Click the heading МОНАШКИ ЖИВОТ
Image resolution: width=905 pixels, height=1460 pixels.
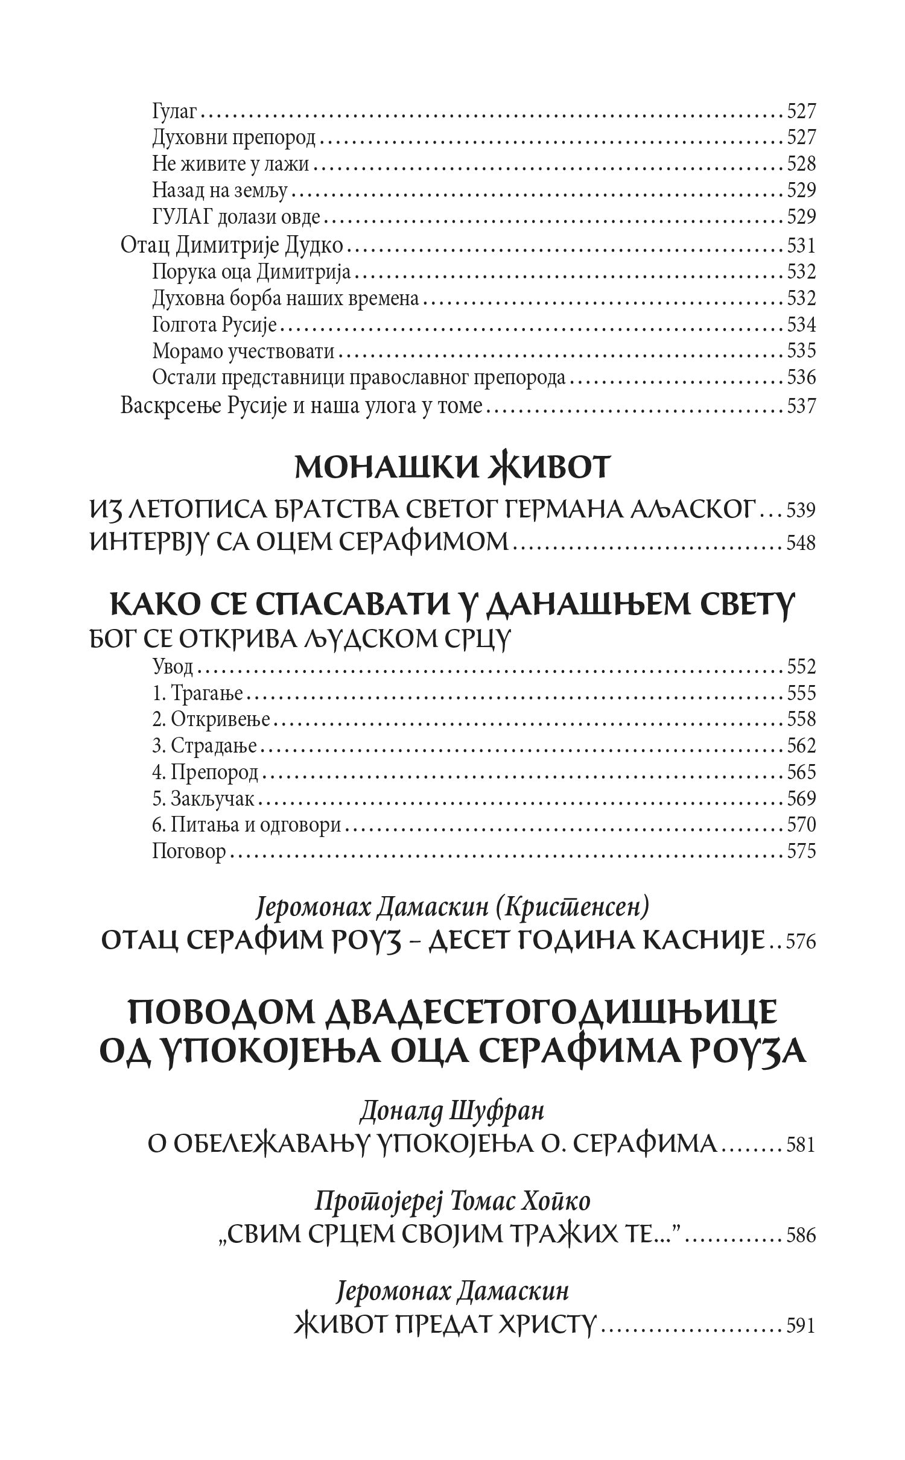(453, 469)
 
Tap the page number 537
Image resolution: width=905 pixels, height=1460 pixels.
(801, 406)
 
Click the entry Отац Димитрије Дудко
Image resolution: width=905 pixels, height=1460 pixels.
(232, 246)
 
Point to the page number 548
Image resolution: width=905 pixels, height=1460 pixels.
(801, 543)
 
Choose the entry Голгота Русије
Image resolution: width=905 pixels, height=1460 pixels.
(214, 325)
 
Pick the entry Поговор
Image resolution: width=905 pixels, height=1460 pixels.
(189, 851)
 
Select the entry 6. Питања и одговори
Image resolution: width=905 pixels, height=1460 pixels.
(247, 824)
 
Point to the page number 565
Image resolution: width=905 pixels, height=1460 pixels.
(801, 773)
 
